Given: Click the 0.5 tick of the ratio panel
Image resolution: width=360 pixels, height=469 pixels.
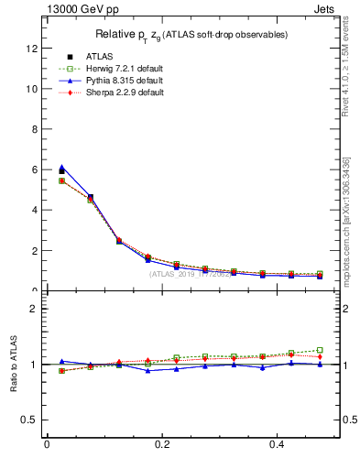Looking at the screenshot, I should click(32, 420).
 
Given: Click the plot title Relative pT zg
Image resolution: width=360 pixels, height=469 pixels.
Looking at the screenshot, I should click(192, 35).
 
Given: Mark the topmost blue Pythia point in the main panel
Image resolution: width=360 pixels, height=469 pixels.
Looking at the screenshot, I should click(61, 168).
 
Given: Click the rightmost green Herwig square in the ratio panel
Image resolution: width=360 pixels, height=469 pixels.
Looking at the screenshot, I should click(320, 350).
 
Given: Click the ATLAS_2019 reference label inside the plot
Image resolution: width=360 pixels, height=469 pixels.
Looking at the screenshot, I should click(192, 273).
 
